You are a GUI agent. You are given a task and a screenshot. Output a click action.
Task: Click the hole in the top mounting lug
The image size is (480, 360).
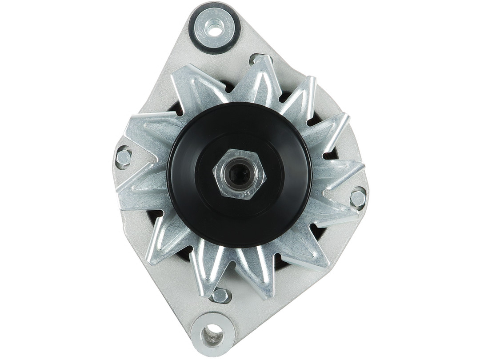point(215,29)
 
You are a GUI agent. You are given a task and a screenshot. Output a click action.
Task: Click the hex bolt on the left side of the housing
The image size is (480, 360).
point(124,157)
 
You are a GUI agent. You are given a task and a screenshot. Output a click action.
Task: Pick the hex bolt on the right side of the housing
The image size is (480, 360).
point(358,198)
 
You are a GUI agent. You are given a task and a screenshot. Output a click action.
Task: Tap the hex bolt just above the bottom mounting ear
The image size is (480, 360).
point(220,295)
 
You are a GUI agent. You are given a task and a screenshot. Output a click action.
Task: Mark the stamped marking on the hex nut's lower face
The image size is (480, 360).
point(247,193)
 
